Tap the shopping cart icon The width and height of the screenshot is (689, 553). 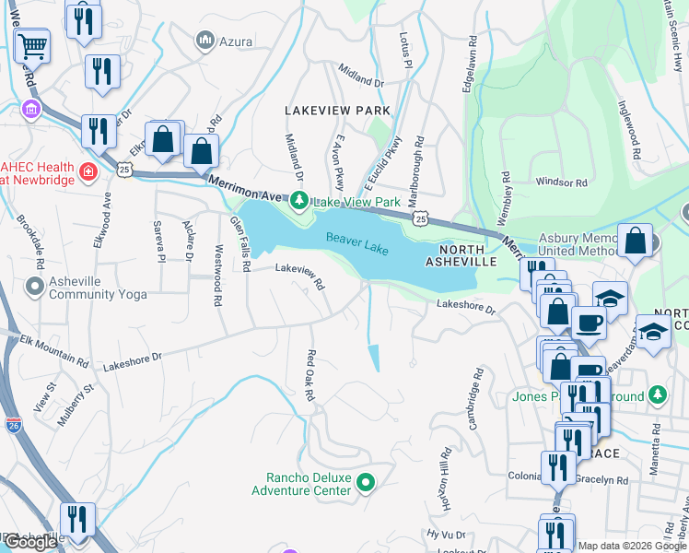[x=32, y=42]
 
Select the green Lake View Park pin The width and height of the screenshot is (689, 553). [x=298, y=200]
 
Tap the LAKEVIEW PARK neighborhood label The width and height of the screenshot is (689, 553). [x=337, y=110]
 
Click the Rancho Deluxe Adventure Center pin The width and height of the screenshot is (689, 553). [x=366, y=482]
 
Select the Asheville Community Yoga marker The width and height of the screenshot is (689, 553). [x=36, y=287]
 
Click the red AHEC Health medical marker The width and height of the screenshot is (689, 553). [x=88, y=171]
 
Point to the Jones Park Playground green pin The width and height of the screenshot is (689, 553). [x=657, y=394]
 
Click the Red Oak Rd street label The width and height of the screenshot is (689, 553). [x=310, y=375]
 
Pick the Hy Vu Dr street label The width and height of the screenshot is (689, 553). [x=447, y=534]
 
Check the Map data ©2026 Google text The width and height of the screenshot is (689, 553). [x=631, y=546]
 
